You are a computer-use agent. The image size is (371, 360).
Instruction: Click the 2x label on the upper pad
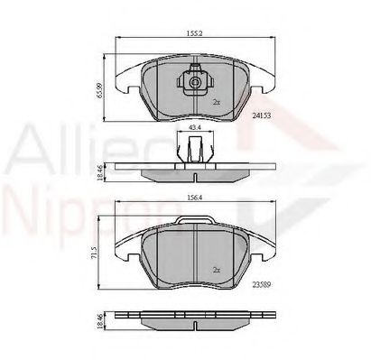pos(216,103)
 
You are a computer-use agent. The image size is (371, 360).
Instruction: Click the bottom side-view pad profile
pos(193,322)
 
